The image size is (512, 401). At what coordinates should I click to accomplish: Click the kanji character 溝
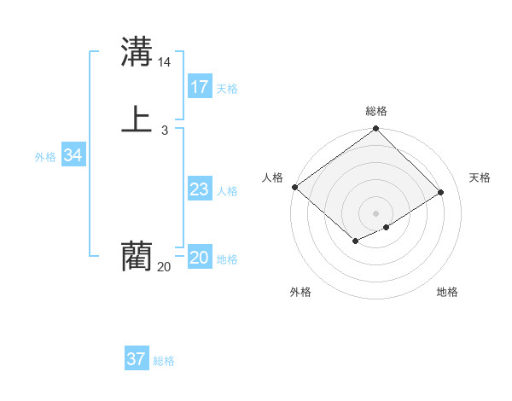[x=137, y=51]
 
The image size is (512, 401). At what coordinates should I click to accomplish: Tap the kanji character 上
[x=137, y=119]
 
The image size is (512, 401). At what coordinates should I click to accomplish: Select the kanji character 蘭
[x=137, y=255]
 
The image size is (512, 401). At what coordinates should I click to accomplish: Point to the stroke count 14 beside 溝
[x=165, y=62]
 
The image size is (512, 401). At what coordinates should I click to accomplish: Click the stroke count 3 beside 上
[x=164, y=131]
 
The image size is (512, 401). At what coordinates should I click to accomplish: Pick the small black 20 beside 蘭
[x=164, y=267]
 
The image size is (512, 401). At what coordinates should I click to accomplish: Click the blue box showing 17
[x=200, y=86]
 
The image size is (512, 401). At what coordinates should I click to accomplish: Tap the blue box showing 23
[x=200, y=190]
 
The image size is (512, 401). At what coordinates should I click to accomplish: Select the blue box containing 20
[x=200, y=259]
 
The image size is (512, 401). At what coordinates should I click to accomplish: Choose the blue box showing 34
[x=73, y=155]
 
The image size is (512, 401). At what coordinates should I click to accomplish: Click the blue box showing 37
[x=137, y=359]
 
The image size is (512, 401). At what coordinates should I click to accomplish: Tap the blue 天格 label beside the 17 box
[x=227, y=89]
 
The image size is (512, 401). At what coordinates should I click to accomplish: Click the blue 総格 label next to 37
[x=164, y=361]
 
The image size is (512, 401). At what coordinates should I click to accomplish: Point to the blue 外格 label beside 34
[x=45, y=157]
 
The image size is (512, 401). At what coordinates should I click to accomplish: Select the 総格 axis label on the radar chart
[x=376, y=111]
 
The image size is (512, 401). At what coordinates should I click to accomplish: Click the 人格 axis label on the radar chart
[x=273, y=177]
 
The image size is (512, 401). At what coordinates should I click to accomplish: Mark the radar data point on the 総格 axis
[x=376, y=130]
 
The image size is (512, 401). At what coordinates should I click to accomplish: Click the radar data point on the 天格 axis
[x=441, y=193]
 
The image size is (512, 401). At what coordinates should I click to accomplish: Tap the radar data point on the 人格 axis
[x=294, y=187]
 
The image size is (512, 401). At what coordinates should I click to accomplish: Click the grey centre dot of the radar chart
[x=376, y=212]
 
